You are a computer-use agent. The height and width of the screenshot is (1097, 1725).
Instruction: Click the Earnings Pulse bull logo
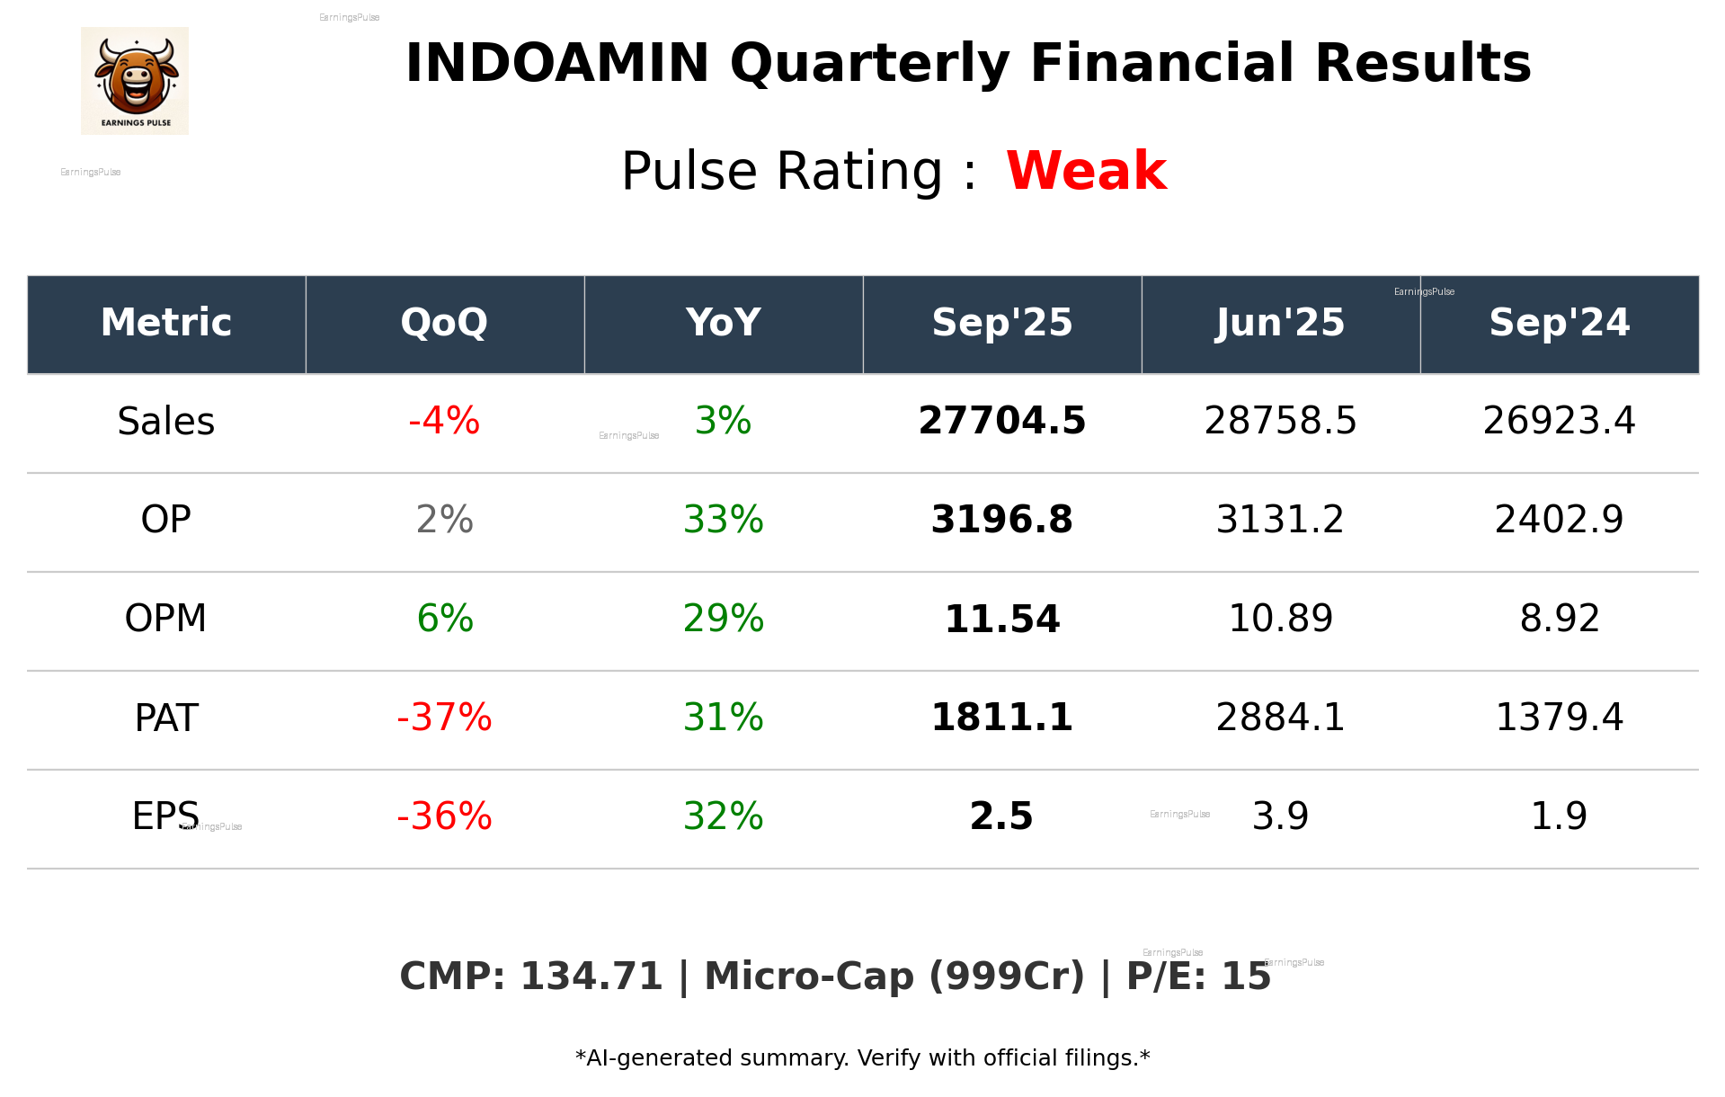click(x=135, y=80)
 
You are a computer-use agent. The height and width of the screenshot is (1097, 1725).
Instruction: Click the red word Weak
click(x=1086, y=171)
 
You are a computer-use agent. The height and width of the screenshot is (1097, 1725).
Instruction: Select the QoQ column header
click(x=444, y=323)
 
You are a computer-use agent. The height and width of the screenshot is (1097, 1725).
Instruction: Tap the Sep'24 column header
click(x=1559, y=323)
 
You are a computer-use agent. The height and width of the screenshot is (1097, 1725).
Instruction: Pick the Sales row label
click(x=166, y=422)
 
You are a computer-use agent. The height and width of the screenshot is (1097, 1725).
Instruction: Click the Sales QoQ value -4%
click(x=444, y=422)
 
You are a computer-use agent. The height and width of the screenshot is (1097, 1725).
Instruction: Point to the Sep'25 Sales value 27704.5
click(x=1001, y=422)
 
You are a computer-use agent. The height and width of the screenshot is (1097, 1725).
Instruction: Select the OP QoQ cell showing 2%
click(x=444, y=520)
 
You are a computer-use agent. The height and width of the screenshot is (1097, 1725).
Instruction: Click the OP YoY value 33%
click(x=723, y=520)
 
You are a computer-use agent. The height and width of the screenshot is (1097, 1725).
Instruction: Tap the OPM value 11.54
click(x=1001, y=620)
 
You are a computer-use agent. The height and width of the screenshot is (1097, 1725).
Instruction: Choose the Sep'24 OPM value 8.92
click(x=1559, y=620)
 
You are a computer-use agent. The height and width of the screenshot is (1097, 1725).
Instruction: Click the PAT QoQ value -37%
click(x=444, y=718)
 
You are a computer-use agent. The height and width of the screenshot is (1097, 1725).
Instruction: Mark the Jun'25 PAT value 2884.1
click(x=1280, y=718)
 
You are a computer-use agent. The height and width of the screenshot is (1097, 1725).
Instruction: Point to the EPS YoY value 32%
click(x=723, y=816)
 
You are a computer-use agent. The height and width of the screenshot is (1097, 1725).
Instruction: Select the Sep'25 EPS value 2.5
click(x=1001, y=816)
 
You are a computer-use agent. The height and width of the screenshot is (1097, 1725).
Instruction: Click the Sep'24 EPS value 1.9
click(x=1559, y=816)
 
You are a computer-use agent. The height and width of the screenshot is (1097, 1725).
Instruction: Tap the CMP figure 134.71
click(x=591, y=977)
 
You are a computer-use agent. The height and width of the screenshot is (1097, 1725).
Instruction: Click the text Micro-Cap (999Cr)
click(x=894, y=977)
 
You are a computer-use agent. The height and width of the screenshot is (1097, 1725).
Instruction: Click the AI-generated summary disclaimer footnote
click(x=862, y=1058)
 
